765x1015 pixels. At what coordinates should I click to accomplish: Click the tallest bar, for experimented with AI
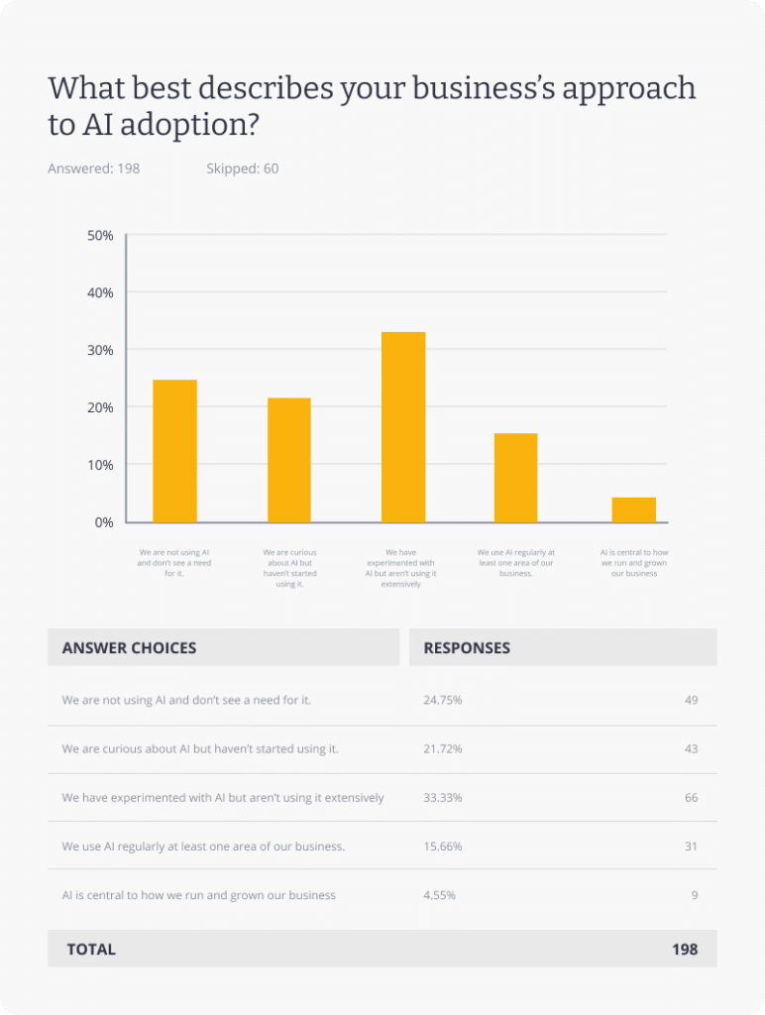[x=403, y=427]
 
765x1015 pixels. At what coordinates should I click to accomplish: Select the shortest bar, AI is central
[x=633, y=509]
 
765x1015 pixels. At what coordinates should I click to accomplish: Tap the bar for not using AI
[x=174, y=451]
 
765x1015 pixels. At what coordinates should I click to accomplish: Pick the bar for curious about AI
[x=288, y=460]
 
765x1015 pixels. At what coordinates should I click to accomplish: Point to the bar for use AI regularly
[x=515, y=478]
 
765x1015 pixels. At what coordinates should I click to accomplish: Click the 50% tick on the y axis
[x=101, y=236]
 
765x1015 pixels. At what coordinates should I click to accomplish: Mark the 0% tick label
[x=104, y=522]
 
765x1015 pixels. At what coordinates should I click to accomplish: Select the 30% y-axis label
[x=101, y=350]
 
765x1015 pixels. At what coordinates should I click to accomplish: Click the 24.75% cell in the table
[x=443, y=700]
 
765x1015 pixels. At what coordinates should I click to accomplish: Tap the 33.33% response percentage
[x=443, y=797]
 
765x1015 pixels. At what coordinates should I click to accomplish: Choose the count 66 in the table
[x=691, y=797]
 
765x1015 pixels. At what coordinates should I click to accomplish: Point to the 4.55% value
[x=440, y=895]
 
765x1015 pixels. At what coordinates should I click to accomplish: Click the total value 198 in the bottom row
[x=685, y=949]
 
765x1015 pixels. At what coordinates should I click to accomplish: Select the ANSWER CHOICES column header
[x=129, y=647]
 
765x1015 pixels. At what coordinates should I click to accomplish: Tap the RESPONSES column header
[x=467, y=647]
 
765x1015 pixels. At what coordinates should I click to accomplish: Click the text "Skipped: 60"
[x=242, y=169]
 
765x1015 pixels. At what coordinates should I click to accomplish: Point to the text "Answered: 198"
[x=94, y=169]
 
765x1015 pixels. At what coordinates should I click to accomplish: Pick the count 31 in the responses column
[x=691, y=846]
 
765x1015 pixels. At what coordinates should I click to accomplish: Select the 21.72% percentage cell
[x=443, y=748]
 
